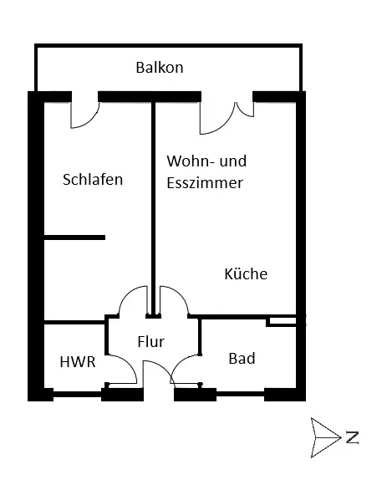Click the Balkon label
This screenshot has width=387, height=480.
pos(160,68)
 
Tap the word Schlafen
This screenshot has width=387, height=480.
pos(93,180)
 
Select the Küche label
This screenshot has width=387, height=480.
pos(246,273)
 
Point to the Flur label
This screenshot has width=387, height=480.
pos(150,341)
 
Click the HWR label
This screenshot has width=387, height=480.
pos(78,362)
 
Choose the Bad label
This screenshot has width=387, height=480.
pos(242,358)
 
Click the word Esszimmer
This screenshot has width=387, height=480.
pos(205,183)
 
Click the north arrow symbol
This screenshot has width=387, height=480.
pos(325,437)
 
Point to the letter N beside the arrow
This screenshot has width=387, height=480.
pos(352,437)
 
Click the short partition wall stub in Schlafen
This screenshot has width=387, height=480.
pos(74,237)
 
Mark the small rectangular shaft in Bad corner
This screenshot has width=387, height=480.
pos(282,321)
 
